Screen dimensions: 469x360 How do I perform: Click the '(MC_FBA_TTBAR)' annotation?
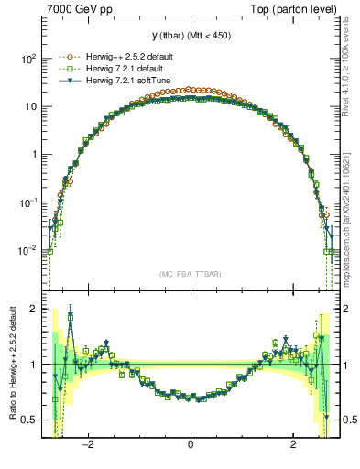point(190,274)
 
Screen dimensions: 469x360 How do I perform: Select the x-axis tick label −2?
point(88,445)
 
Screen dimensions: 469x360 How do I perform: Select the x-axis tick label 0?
point(191,445)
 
